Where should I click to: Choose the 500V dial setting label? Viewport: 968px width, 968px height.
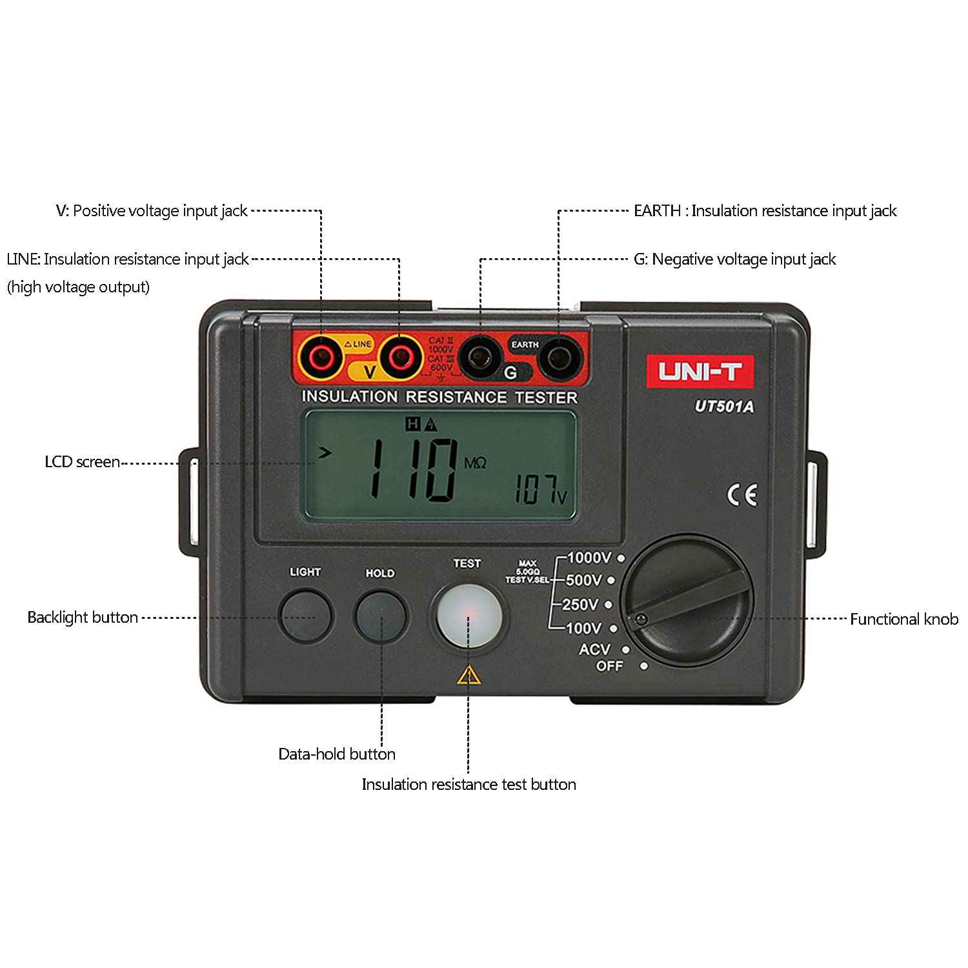(x=584, y=580)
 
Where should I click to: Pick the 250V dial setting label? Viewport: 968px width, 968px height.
(x=580, y=605)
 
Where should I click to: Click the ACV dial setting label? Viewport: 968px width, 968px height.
(x=594, y=649)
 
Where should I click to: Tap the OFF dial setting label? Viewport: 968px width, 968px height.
(x=610, y=665)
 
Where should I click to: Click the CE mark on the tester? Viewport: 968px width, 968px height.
(x=742, y=495)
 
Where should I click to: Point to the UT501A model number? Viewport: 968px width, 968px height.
(x=724, y=407)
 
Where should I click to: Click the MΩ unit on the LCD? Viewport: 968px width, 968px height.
(x=475, y=463)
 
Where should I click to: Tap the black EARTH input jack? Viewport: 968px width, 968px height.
(x=558, y=358)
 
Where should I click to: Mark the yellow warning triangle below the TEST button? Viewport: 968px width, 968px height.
(x=469, y=675)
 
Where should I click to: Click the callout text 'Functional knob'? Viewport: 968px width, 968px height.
(x=903, y=619)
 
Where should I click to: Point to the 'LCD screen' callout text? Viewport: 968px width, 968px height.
(x=82, y=462)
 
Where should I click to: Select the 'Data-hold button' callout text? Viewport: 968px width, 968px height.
(x=336, y=754)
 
